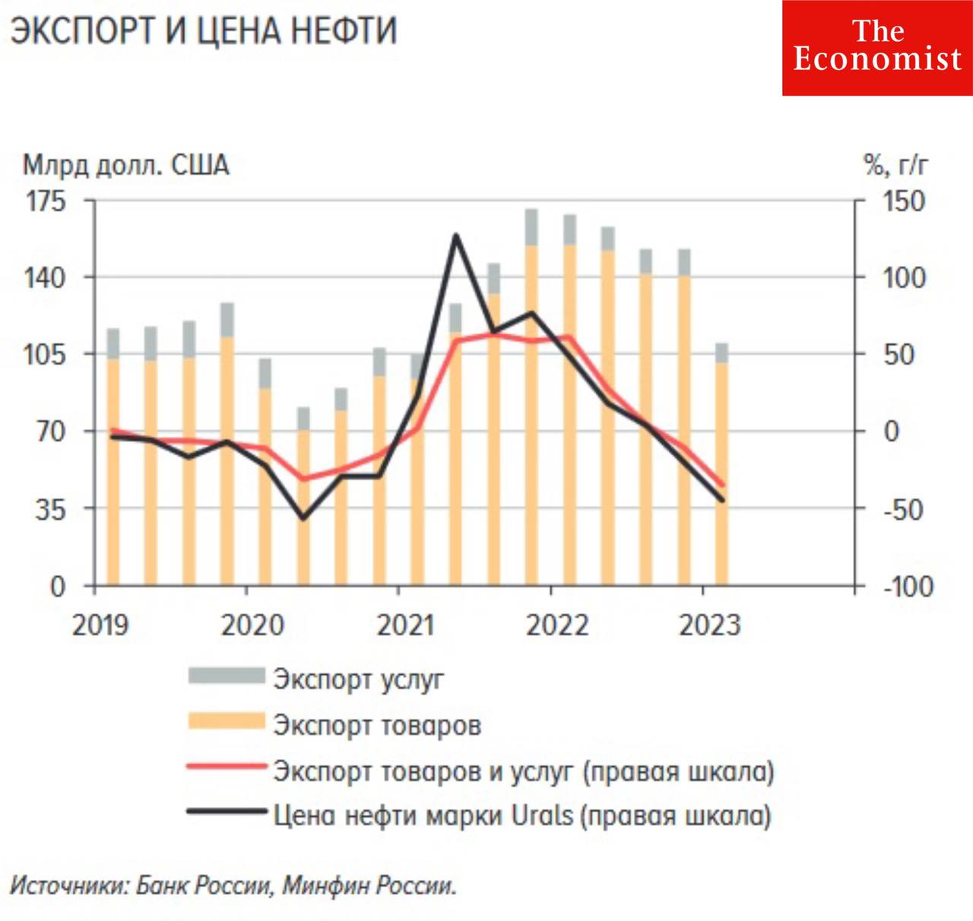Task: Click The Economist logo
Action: (x=877, y=48)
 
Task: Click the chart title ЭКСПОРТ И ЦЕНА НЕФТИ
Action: (x=204, y=32)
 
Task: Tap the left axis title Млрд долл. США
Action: (x=125, y=165)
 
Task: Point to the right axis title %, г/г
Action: (x=896, y=164)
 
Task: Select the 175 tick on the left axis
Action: (x=46, y=201)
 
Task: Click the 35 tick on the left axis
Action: (x=50, y=509)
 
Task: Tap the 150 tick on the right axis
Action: (x=903, y=201)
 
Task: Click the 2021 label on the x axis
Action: (x=406, y=625)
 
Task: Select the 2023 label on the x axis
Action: (x=709, y=625)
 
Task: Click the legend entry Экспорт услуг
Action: (x=358, y=679)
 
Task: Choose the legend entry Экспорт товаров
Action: (x=377, y=725)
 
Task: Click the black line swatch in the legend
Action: (x=227, y=812)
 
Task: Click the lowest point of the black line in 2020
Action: (x=303, y=518)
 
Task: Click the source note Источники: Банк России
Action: (x=233, y=886)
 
